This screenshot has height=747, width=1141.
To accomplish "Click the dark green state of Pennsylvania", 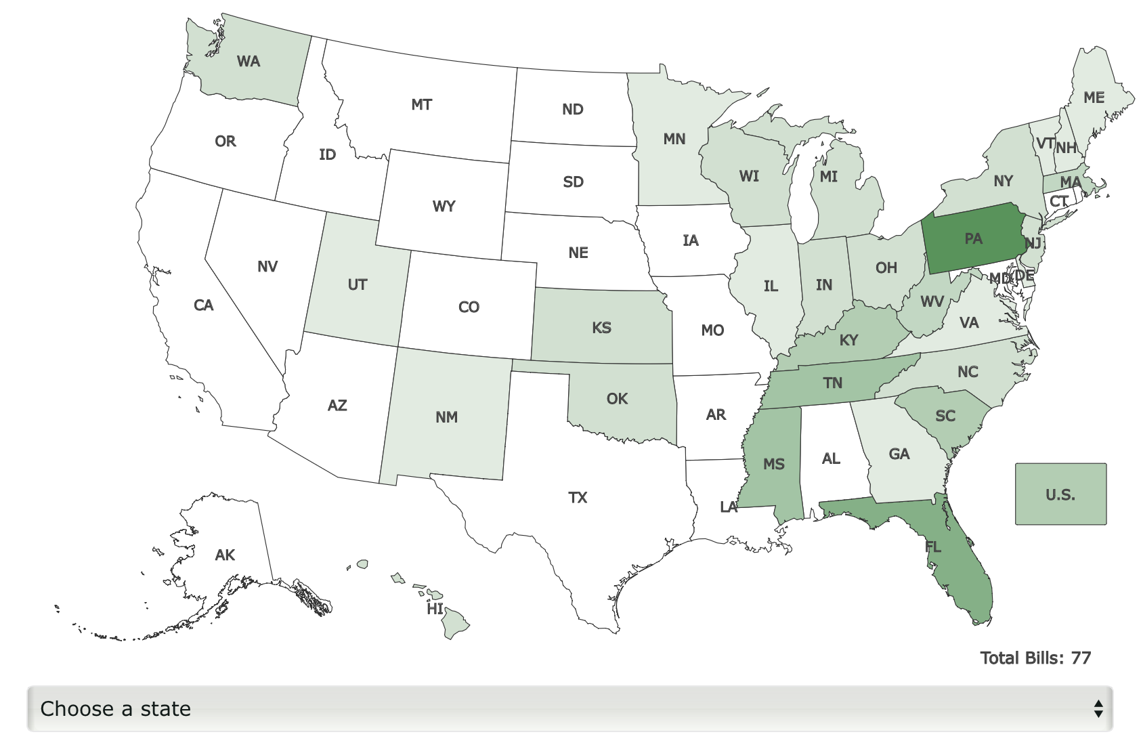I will tap(973, 238).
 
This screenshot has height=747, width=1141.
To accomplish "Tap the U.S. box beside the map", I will tap(1060, 494).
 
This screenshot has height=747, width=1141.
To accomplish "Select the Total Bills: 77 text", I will tap(1035, 658).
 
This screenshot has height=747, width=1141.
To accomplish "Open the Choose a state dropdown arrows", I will tap(1098, 708).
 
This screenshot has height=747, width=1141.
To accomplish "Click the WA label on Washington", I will tap(249, 62).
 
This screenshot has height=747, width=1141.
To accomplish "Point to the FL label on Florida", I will tap(933, 547).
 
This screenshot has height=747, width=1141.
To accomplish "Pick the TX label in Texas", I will tap(578, 498).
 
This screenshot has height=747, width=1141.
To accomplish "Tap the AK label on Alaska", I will tap(225, 555).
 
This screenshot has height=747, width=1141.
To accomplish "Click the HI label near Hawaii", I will tap(435, 609).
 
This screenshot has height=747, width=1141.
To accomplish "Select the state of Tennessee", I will tap(833, 383).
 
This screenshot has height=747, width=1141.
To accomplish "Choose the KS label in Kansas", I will tap(601, 328).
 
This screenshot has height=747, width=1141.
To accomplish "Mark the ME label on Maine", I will tap(1094, 98).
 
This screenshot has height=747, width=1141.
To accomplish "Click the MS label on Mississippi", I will tap(773, 464).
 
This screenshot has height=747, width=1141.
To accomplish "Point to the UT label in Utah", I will tap(357, 284).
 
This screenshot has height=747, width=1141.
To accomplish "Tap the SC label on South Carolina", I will tap(945, 416).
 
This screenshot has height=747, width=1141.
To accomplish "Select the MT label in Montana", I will tap(421, 105).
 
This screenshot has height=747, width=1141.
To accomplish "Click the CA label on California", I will tap(203, 305).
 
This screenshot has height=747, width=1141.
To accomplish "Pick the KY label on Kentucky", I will tap(848, 340).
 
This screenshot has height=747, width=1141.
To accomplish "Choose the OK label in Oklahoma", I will tap(617, 399).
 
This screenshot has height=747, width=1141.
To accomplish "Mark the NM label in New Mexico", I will tap(446, 417).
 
